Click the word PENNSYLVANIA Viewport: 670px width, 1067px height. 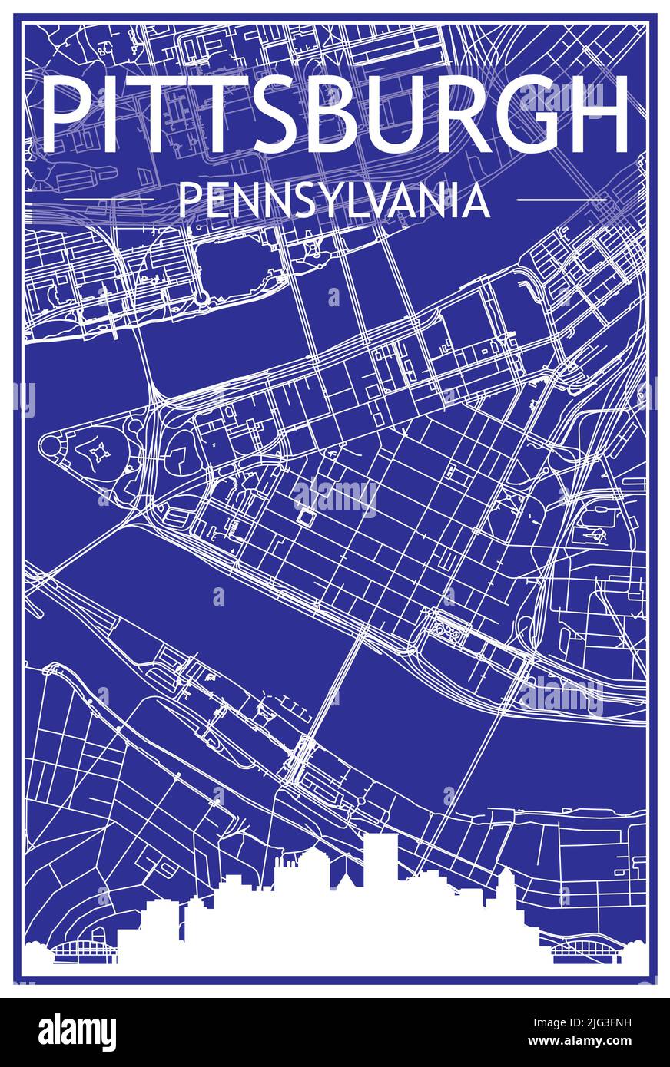(x=333, y=201)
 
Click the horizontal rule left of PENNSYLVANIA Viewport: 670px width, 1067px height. (x=108, y=200)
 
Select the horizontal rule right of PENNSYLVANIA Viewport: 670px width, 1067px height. (x=562, y=200)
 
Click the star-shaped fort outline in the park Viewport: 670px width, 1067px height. (x=98, y=454)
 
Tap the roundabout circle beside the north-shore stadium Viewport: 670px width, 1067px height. (x=201, y=297)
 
